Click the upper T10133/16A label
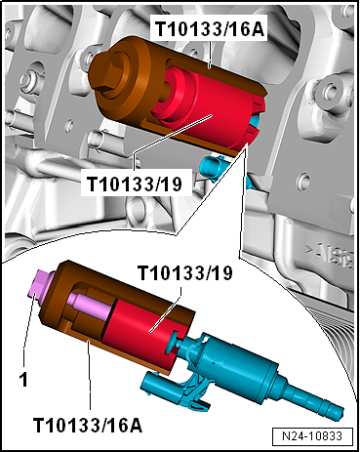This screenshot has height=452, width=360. click(x=210, y=28)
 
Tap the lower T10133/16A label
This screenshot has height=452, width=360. click(x=88, y=425)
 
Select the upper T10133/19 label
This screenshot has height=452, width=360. click(x=135, y=185)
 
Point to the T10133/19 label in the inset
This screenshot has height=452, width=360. click(x=185, y=272)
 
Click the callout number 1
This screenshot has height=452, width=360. click(x=23, y=380)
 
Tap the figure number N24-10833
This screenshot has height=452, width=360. click(x=312, y=435)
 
